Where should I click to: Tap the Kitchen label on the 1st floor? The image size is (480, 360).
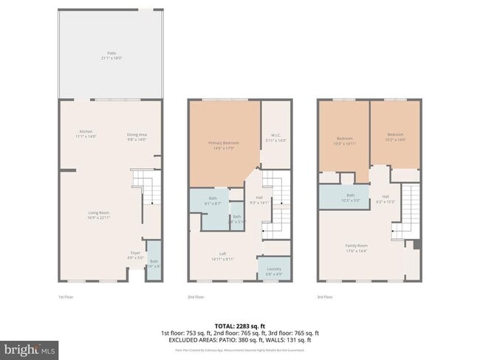[86, 134]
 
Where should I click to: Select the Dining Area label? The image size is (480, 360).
[137, 136]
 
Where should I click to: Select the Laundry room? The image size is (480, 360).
[273, 270]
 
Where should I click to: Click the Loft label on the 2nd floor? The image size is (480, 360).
[222, 256]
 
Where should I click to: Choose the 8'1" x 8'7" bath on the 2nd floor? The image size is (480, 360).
[213, 200]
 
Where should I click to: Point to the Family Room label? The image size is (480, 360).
[357, 247]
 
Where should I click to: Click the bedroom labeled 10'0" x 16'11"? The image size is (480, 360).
[345, 140]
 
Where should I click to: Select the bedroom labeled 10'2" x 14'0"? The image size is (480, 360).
[396, 136]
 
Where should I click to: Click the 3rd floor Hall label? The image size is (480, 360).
[385, 198]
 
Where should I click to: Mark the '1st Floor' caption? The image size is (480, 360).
[66, 297]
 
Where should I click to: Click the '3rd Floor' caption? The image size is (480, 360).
[325, 297]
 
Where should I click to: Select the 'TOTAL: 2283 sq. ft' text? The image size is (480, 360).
[239, 325]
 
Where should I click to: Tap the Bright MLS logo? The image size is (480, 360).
[30, 348]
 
